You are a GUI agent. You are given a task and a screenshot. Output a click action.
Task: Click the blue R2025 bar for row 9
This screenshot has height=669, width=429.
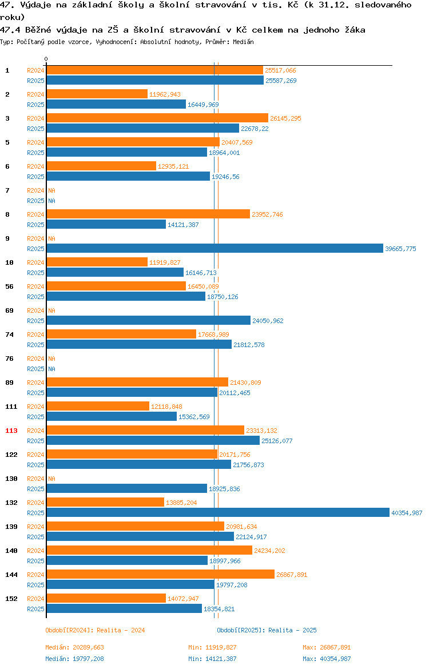[x=214, y=248]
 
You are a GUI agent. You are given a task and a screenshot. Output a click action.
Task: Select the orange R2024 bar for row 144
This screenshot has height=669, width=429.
[x=161, y=574]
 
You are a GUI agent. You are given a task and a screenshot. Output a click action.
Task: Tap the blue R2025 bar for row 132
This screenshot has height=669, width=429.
[x=218, y=512]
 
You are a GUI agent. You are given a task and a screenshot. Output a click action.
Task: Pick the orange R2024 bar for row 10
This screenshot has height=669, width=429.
[x=97, y=262]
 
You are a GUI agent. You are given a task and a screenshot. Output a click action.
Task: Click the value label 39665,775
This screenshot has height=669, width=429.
[x=400, y=249]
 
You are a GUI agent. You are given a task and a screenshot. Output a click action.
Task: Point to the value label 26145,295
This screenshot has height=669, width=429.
[x=285, y=118]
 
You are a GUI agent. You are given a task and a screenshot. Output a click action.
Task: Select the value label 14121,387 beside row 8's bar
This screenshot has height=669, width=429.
[x=183, y=225]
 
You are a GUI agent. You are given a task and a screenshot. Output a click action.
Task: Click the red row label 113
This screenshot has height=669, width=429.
[x=11, y=431]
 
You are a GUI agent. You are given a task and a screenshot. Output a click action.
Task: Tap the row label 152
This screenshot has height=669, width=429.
[x=11, y=599]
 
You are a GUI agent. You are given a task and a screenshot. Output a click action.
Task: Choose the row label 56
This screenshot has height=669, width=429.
[x=9, y=286]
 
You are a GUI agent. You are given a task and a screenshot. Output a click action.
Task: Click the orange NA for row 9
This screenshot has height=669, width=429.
[x=51, y=238]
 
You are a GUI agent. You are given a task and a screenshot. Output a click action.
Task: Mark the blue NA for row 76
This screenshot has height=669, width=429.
[x=51, y=369]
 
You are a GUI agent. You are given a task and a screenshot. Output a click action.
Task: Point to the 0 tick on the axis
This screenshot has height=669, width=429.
[x=46, y=59]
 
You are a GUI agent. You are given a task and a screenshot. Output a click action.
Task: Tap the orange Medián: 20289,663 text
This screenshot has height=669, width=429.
[x=75, y=647]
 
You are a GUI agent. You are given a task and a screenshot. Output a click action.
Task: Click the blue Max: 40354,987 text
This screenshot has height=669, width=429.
[x=327, y=659]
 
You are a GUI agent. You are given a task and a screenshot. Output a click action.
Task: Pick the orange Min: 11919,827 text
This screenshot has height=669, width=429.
[x=212, y=647]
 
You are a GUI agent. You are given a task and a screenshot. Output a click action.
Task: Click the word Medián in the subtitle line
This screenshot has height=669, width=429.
[x=243, y=42]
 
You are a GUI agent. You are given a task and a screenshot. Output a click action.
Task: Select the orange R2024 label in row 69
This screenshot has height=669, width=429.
[x=35, y=310]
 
